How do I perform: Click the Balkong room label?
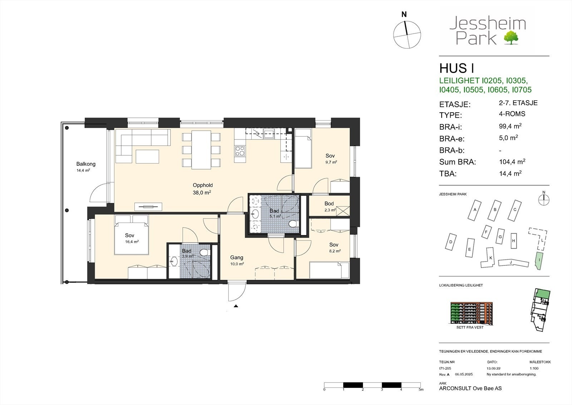click(86, 164)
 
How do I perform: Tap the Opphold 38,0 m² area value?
click(202, 192)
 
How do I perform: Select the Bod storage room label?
click(329, 204)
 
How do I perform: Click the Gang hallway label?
click(236, 258)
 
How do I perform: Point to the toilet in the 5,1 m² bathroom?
click(293, 224)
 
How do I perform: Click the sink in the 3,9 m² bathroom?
click(174, 262)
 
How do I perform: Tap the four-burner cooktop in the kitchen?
click(240, 151)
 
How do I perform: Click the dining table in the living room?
click(201, 150)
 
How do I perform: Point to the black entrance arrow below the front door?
click(236, 306)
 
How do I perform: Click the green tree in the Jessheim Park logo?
click(511, 38)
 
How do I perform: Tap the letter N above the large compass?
click(404, 15)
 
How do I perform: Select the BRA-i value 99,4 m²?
click(510, 126)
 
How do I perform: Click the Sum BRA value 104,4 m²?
click(512, 161)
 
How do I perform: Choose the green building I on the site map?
click(539, 261)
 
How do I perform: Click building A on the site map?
click(474, 210)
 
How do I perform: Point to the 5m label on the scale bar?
click(421, 389)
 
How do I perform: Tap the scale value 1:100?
click(534, 368)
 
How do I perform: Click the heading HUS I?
click(457, 68)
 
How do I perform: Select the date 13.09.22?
click(493, 368)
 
